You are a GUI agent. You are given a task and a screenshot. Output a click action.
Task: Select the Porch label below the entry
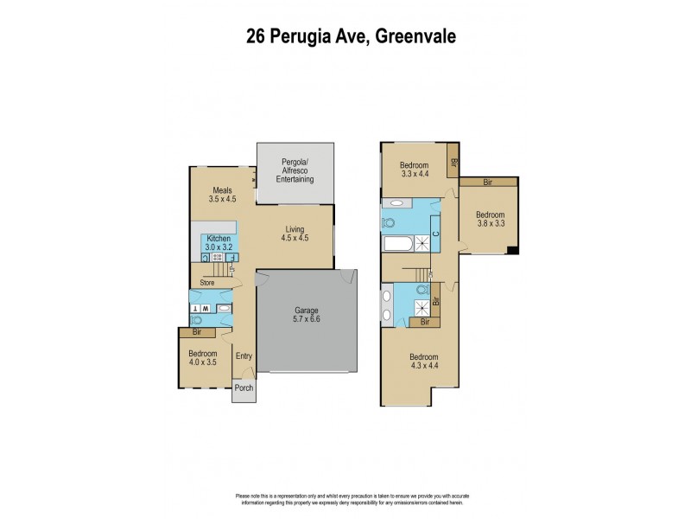pos(244,388)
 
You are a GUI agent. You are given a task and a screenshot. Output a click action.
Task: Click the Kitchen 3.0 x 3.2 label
pos(218,242)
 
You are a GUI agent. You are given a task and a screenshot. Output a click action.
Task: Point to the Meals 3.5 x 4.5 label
pos(222,194)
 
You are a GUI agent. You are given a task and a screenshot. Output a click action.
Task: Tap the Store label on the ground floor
pos(207,281)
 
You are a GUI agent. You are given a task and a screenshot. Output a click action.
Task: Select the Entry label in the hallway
pos(244,356)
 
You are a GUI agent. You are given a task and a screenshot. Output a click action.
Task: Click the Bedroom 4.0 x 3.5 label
pos(204,358)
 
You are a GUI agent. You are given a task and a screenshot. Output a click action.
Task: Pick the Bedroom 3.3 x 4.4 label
pos(415,170)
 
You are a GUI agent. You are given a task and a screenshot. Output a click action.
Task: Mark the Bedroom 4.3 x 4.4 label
pos(423,362)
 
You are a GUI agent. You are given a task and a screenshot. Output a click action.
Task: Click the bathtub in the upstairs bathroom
pos(398,244)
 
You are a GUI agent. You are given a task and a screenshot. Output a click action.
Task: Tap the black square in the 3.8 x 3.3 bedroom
pos(512,251)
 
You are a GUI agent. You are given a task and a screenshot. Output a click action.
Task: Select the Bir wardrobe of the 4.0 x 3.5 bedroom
pos(197,331)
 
